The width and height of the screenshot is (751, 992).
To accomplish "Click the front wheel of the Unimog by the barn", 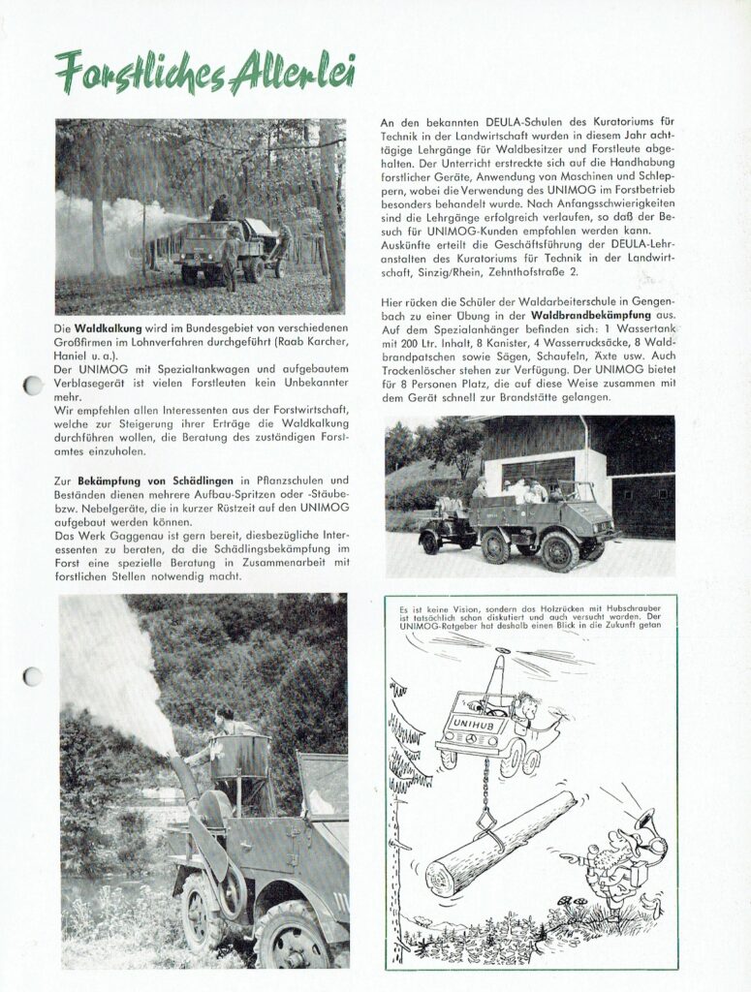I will [559, 553].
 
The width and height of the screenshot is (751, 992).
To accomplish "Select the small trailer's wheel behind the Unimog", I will [430, 543].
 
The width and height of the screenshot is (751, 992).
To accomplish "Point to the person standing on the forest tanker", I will [221, 206].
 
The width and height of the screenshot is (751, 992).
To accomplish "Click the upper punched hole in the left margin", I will [33, 386].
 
